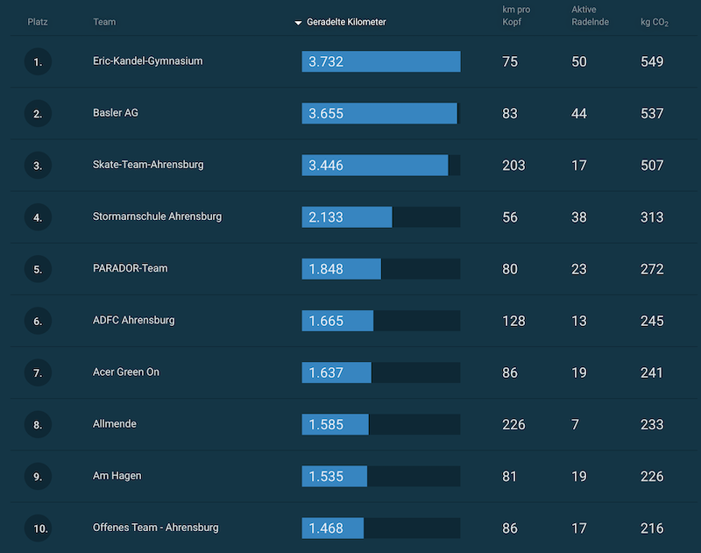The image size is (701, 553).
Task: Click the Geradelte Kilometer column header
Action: [x=346, y=22]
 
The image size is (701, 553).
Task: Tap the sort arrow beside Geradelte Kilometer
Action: [x=298, y=23]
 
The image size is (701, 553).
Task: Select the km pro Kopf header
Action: [x=516, y=16]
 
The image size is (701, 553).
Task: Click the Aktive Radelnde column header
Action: [x=590, y=16]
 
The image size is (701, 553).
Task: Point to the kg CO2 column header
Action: [x=654, y=22]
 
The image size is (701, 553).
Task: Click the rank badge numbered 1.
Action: [x=38, y=62]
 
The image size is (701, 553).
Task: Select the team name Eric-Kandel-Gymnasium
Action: [x=147, y=61]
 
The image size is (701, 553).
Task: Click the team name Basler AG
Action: [x=116, y=113]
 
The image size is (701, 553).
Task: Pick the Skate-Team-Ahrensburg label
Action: [x=148, y=165]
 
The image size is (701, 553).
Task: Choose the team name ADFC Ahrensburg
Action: [x=133, y=320]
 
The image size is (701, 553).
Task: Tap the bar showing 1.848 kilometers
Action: [x=341, y=269]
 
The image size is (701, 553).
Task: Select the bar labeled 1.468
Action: [x=332, y=528]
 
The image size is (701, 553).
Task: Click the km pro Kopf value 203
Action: [x=513, y=166]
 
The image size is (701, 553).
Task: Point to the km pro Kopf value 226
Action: [x=513, y=425]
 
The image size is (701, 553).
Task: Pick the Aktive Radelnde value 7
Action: [x=575, y=425]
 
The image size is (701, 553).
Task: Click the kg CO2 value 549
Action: [x=652, y=62]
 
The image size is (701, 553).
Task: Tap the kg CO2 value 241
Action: [x=652, y=372]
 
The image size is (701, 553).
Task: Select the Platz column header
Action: [x=38, y=22]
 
